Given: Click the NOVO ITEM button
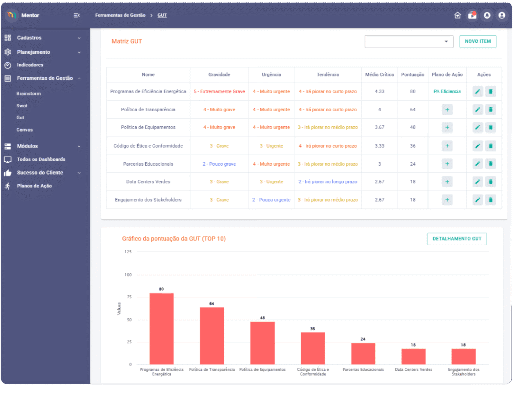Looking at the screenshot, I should click(478, 41).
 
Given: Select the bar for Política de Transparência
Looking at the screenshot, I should click(212, 336).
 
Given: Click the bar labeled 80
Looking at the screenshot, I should click(161, 329).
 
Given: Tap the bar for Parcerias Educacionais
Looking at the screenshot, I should click(363, 354).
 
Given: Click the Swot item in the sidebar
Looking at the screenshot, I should click(22, 106).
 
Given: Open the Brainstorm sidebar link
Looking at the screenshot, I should click(28, 94).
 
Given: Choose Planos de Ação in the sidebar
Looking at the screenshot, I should click(34, 186).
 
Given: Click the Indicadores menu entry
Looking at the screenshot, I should click(30, 65).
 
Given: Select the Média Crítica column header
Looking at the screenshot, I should click(379, 75).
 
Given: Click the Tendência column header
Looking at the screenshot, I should click(328, 75).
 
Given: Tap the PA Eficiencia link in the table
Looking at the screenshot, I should click(447, 92).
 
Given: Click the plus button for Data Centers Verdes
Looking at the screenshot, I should click(447, 182).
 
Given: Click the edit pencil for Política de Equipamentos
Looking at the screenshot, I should click(478, 127).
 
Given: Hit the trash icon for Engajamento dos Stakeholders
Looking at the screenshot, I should click(491, 200).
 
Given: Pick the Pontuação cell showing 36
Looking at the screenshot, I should click(413, 146).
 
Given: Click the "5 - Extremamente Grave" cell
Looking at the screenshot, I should click(219, 92).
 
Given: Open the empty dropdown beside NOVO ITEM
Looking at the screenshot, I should click(409, 42).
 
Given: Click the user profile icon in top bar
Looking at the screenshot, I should click(501, 15).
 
